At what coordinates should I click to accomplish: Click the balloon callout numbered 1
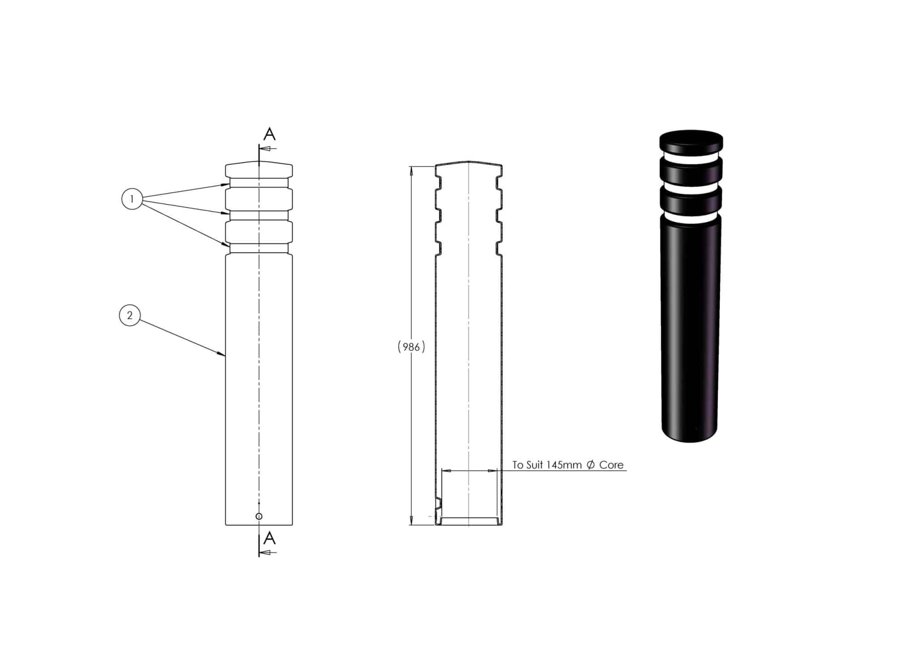point(132,199)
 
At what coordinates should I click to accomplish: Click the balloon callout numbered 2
point(130,315)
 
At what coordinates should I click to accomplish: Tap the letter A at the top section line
point(269,134)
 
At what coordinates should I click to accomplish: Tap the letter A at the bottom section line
point(269,538)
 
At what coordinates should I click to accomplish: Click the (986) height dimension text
point(411,347)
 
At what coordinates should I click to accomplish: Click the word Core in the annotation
point(611,465)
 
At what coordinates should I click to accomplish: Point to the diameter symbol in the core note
point(590,465)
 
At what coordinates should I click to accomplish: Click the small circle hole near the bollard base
point(259,516)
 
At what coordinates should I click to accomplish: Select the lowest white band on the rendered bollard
point(691,219)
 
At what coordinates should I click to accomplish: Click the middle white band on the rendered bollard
point(691,188)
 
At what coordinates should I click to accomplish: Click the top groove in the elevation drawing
point(259,183)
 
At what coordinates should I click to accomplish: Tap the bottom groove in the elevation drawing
point(259,248)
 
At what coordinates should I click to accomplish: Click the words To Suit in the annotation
point(527,465)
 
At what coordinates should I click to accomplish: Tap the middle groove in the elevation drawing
point(259,216)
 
